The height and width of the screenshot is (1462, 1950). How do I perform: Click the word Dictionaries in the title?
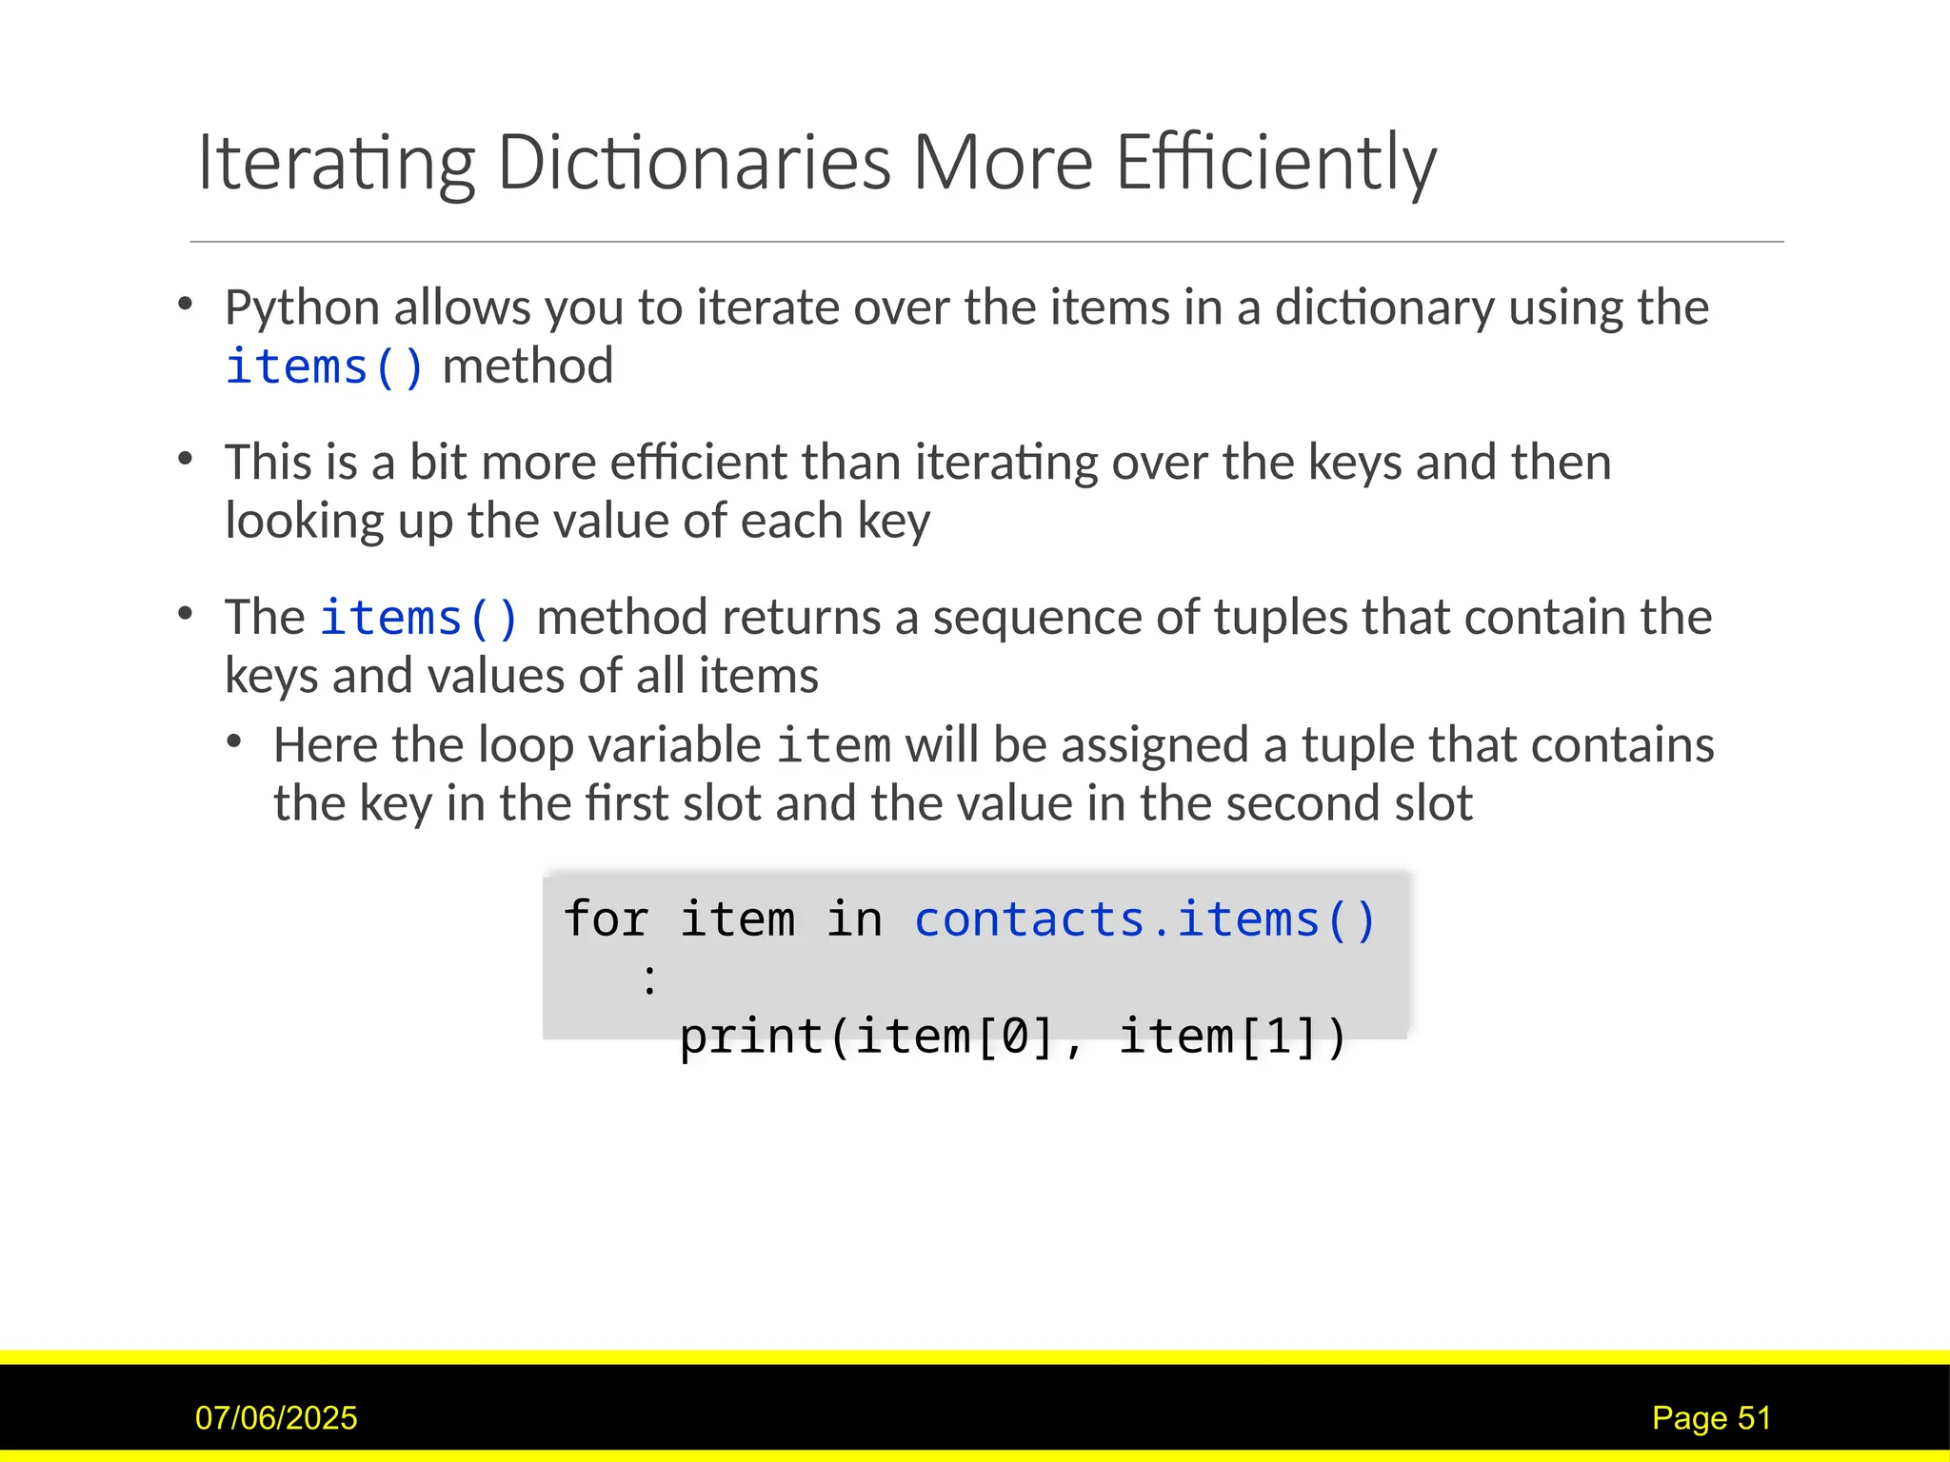click(693, 162)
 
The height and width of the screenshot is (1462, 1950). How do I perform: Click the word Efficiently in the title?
click(1275, 162)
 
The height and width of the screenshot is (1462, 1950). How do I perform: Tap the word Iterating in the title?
click(336, 162)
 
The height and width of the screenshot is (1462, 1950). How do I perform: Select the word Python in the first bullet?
click(303, 307)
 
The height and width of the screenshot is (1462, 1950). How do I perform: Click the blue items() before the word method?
click(325, 367)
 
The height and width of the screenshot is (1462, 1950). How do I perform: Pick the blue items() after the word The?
click(419, 618)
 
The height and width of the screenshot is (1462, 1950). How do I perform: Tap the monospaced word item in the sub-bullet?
click(834, 745)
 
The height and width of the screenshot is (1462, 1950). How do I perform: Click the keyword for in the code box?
click(606, 920)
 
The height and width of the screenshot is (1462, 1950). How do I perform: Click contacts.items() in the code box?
click(1144, 920)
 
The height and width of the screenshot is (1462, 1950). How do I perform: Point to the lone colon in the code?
click(649, 978)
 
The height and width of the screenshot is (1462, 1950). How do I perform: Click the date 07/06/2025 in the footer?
click(276, 1418)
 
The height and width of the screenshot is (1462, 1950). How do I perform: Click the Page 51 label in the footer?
click(1711, 1418)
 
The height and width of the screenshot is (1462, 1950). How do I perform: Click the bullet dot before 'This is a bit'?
click(186, 460)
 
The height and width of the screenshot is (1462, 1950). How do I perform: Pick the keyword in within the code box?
click(854, 920)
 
